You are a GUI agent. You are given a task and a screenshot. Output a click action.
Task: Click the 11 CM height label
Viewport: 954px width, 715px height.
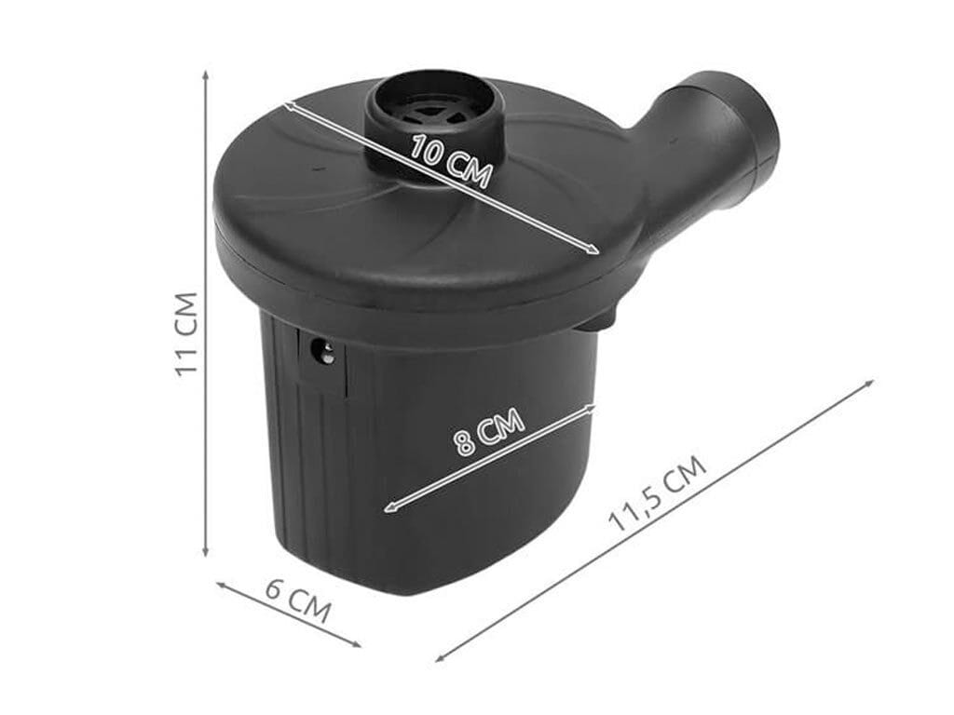coord(186,334)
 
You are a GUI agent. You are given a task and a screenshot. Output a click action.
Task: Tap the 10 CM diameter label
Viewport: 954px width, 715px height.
coord(450,161)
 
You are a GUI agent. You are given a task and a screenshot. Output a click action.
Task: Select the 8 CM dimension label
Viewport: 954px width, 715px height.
coord(489,431)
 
